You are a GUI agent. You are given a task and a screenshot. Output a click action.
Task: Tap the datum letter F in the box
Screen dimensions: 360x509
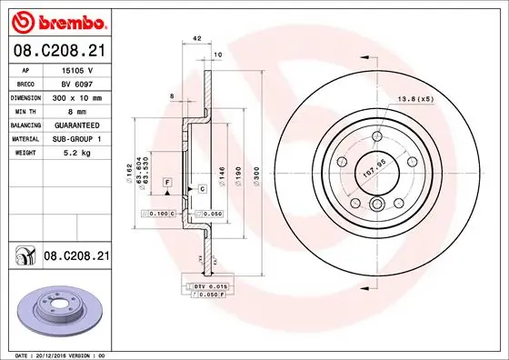click(x=167, y=183)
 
